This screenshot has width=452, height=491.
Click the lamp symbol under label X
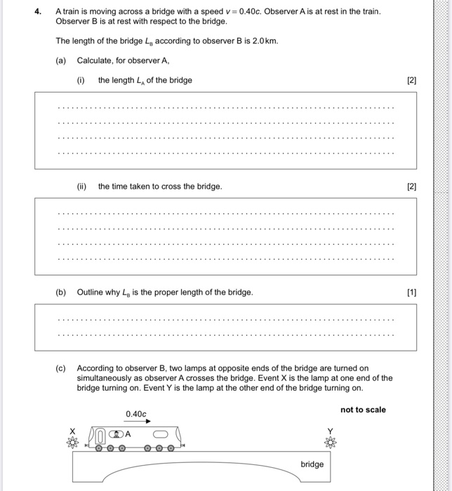[71, 443]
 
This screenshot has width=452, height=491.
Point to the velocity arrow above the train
[136, 424]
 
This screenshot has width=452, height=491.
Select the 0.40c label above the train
[135, 415]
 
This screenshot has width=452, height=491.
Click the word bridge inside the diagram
[312, 464]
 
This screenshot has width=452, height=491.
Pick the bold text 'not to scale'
[363, 410]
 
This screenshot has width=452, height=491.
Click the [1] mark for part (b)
[412, 292]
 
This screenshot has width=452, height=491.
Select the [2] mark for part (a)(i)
[412, 80]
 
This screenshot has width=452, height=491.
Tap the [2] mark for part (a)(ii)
[412, 187]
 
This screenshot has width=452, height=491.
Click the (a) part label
[61, 60]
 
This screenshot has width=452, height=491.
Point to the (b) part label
[61, 292]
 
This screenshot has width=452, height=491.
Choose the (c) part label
[61, 368]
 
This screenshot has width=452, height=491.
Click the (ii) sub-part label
[81, 187]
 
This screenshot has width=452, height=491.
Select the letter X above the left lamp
[71, 431]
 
